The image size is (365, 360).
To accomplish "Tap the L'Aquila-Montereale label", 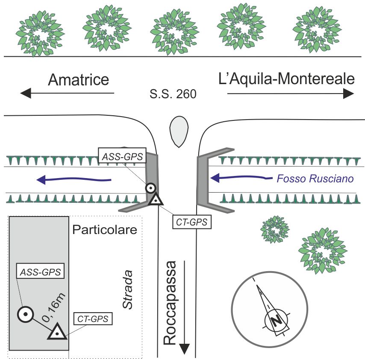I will pos(286,79).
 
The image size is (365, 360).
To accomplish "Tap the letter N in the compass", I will pos(277,320).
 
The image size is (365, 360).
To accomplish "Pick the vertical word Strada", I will pos(127,289).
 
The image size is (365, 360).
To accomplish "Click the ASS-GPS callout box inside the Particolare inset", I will pos(40,271).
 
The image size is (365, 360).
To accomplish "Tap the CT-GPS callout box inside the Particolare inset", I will pos(93,319).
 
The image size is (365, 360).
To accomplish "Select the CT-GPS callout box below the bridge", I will pos(193,222).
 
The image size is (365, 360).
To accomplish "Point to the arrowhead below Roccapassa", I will pos(184,348).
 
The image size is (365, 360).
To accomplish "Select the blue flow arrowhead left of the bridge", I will pos(41,180).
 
